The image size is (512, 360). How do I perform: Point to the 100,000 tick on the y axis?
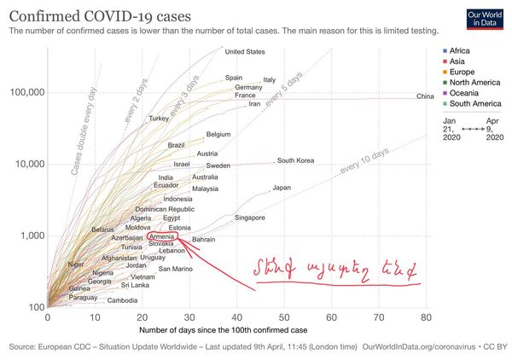point(26,92)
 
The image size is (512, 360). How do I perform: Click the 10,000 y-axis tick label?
point(27,164)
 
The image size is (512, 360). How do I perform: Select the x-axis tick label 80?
point(424,317)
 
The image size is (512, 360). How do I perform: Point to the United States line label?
point(244,52)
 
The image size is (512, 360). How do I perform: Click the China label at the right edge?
point(425,96)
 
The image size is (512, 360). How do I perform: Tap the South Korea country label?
point(295,160)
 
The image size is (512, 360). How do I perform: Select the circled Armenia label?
point(162,237)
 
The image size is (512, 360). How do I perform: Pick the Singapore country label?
point(249,218)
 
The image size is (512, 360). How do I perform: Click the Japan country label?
point(282,188)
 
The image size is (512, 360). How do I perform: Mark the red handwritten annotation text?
point(335,270)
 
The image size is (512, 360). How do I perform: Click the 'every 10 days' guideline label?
point(364,162)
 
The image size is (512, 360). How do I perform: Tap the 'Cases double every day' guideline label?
point(84,132)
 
